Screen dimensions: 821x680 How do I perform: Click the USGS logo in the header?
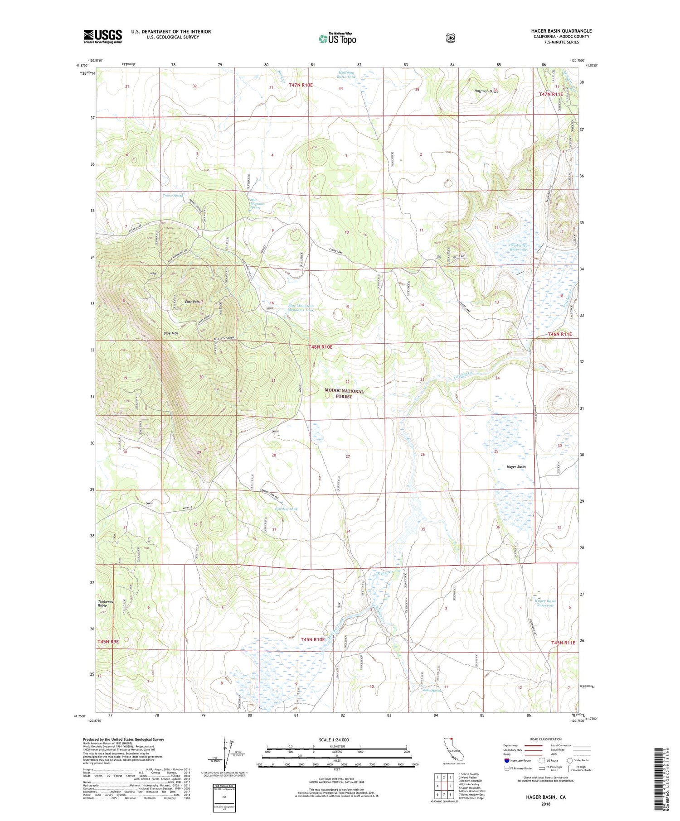click(102, 36)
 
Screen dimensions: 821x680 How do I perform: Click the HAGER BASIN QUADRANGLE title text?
click(561, 31)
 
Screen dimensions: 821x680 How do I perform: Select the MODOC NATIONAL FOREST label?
click(344, 394)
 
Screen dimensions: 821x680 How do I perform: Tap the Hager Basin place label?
click(516, 466)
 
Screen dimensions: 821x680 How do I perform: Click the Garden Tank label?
click(287, 509)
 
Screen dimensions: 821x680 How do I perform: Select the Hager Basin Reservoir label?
click(545, 603)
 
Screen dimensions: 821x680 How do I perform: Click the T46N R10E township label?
click(321, 347)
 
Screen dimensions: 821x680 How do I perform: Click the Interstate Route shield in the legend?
click(507, 760)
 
